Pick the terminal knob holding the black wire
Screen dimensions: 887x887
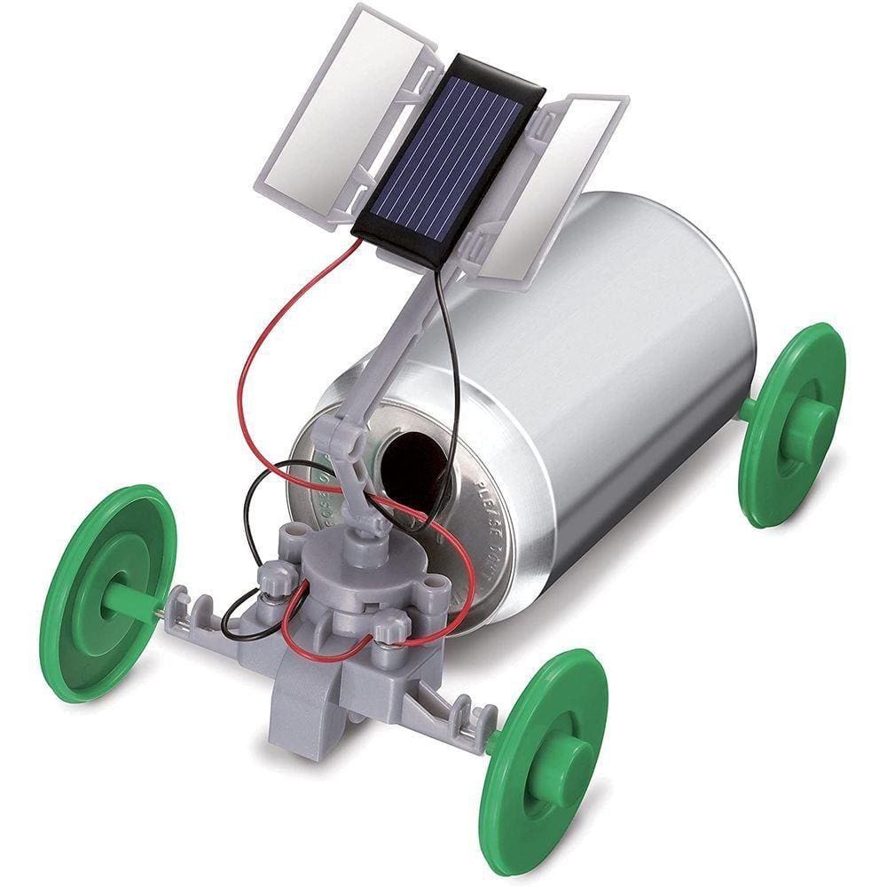[x=273, y=581]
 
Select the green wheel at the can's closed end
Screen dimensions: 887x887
[x=791, y=424]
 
